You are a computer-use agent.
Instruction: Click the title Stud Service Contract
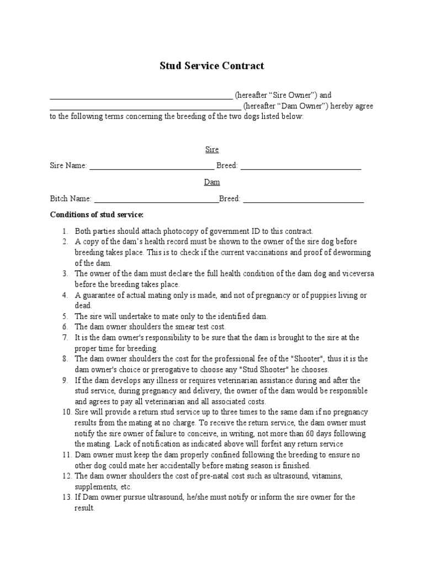coord(211,66)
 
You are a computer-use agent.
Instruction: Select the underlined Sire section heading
coord(212,150)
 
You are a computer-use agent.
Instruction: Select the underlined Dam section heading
coord(212,182)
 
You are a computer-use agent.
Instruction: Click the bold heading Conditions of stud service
coord(97,214)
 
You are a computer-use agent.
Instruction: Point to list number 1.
coord(65,231)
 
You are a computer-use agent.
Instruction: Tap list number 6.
coord(65,327)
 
